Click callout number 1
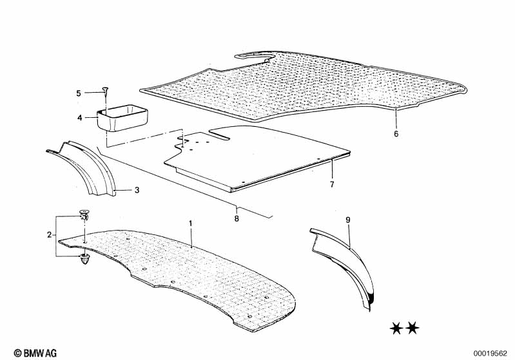click(190, 223)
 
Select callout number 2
click(49, 234)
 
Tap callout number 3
click(137, 190)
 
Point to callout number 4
click(80, 117)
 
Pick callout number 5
click(79, 93)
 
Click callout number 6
click(396, 133)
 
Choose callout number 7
click(332, 184)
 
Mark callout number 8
click(237, 218)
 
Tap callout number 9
click(348, 220)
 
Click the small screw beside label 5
click(106, 91)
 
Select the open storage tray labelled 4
click(122, 117)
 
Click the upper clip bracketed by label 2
click(84, 214)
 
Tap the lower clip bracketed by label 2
click(84, 260)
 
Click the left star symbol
click(396, 328)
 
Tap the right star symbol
click(413, 328)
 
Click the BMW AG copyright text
click(35, 353)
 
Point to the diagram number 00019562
click(491, 354)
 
